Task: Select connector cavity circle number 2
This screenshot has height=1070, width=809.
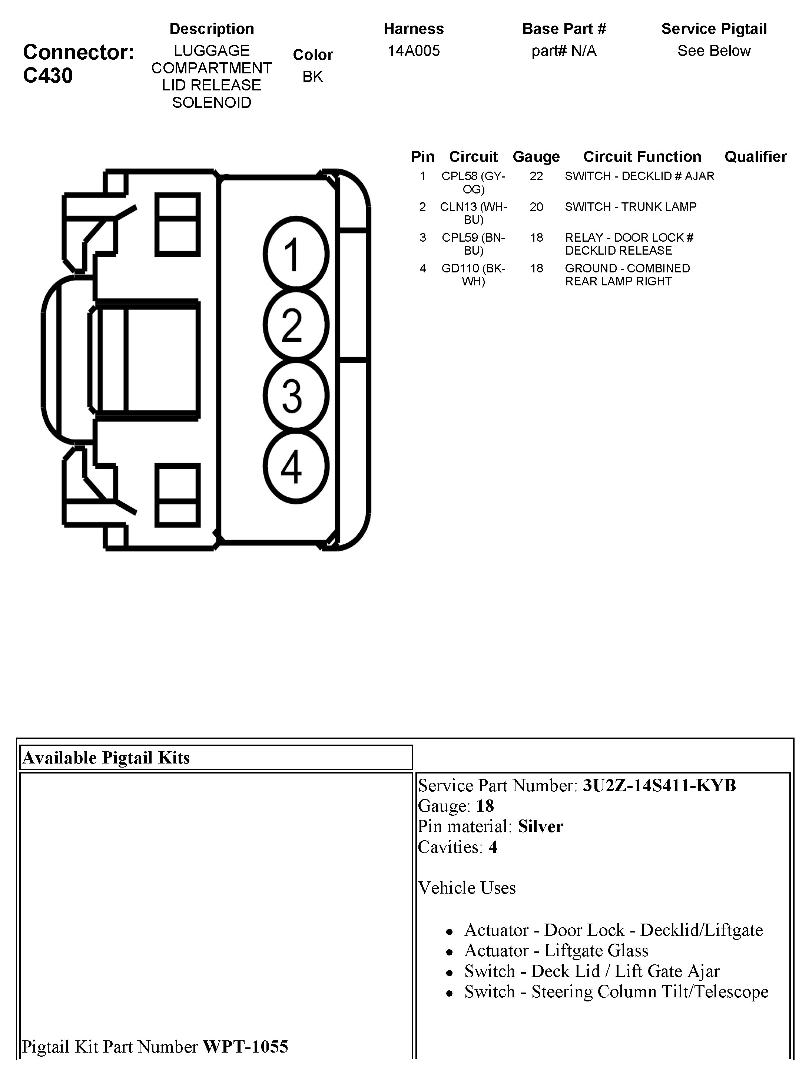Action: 296,325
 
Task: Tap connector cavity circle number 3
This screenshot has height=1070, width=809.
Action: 296,395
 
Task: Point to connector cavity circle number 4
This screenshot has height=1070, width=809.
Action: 296,466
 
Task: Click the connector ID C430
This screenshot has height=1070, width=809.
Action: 48,76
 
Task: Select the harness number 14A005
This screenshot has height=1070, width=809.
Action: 414,51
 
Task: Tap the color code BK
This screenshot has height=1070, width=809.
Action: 312,76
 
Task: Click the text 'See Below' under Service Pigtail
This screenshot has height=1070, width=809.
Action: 714,51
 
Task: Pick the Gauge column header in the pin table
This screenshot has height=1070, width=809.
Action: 536,157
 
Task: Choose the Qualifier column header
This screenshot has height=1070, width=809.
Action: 755,157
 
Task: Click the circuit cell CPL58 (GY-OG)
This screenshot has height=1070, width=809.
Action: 473,182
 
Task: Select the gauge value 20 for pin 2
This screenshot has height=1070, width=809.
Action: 536,207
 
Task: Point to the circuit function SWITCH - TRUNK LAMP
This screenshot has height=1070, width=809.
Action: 631,207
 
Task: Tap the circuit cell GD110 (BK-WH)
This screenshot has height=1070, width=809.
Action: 473,275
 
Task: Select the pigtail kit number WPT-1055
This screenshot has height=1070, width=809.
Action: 245,1047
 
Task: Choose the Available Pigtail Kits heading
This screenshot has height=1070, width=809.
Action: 106,758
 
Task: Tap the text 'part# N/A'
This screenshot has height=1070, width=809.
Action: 564,51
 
